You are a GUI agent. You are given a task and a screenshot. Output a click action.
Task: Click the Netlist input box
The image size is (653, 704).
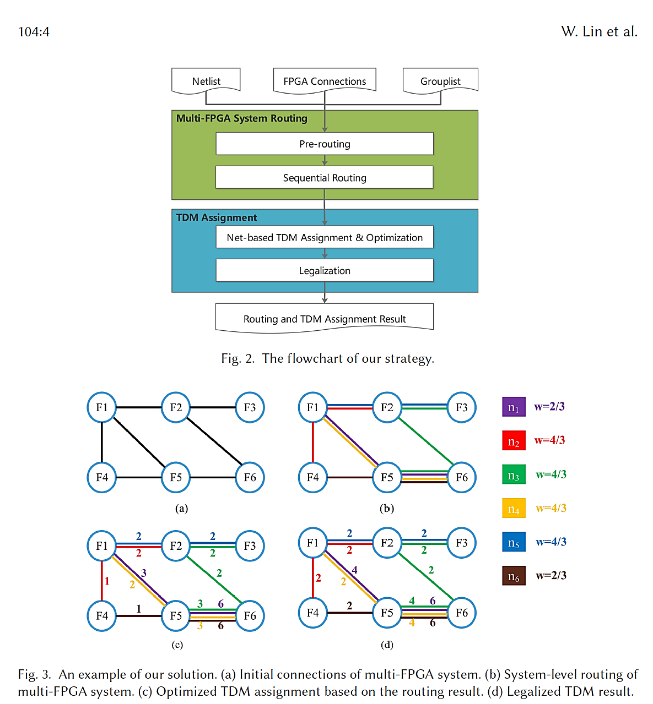click(206, 80)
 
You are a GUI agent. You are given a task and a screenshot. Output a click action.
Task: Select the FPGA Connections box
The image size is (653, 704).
click(325, 80)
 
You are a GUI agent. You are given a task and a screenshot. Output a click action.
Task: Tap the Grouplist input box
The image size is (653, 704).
click(440, 80)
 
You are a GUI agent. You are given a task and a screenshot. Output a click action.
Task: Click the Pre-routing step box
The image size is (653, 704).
click(325, 144)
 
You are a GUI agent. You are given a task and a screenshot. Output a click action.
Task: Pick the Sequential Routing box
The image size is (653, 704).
click(325, 178)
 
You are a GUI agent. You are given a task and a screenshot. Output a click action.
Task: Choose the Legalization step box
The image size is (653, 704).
click(325, 270)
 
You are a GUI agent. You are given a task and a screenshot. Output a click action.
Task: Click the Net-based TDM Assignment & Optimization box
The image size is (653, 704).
click(325, 237)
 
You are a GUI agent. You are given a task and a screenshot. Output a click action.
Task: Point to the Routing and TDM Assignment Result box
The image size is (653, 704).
click(325, 318)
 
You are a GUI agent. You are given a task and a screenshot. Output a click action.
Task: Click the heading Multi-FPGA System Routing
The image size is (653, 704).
click(241, 118)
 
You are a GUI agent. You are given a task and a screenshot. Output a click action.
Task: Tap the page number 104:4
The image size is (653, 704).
click(34, 32)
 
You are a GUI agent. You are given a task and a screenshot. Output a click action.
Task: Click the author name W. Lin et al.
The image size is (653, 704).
click(599, 31)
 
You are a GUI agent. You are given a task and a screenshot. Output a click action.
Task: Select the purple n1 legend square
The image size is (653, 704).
click(514, 407)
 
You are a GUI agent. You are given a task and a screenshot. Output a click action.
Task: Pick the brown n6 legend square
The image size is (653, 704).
click(514, 576)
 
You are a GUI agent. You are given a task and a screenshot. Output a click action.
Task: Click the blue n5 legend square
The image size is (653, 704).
click(514, 542)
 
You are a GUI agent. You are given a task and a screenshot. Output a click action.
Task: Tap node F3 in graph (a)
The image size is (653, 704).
click(250, 407)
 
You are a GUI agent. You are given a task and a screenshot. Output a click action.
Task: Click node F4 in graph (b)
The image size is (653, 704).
click(312, 477)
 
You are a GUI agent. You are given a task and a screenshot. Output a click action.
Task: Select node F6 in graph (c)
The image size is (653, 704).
click(250, 615)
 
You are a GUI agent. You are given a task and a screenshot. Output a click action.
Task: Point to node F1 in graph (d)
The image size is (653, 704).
click(312, 543)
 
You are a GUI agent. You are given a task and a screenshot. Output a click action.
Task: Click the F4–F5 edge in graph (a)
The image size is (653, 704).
click(139, 477)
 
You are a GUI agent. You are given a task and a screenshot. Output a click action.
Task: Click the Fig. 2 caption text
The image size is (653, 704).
click(327, 358)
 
